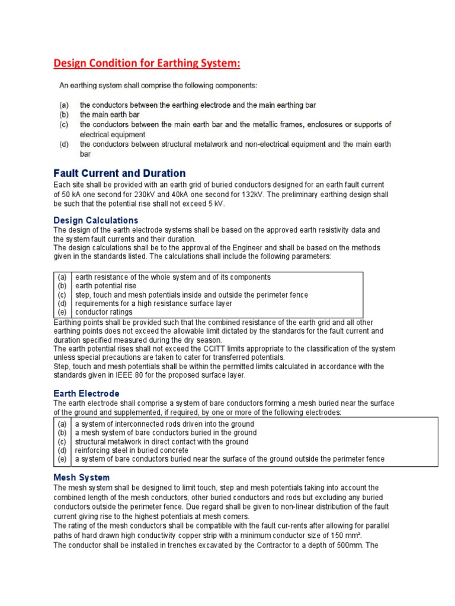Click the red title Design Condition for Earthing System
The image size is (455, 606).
pos(148,63)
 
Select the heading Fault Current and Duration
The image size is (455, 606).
pos(119,173)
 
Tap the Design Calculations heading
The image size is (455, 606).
pos(95,220)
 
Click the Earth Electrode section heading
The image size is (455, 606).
pos(86,394)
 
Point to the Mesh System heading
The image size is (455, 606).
pos(81,477)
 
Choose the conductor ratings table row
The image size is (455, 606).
pos(104,312)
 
